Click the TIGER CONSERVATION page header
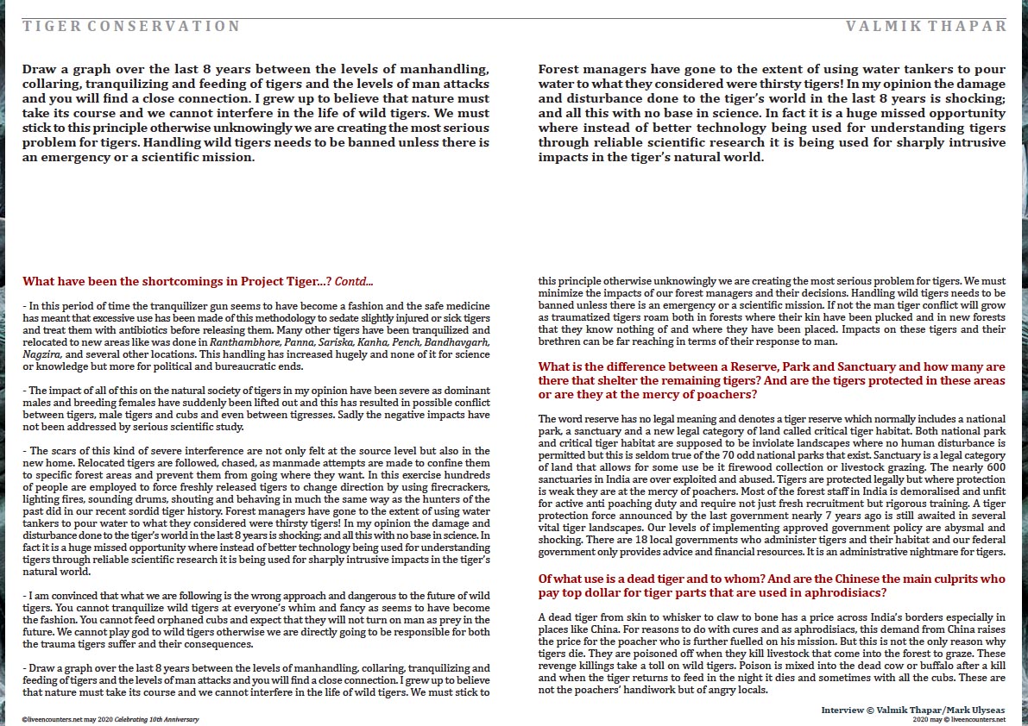131,26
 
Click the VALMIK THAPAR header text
927,26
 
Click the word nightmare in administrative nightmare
923,552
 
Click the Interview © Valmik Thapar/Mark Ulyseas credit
913,709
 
